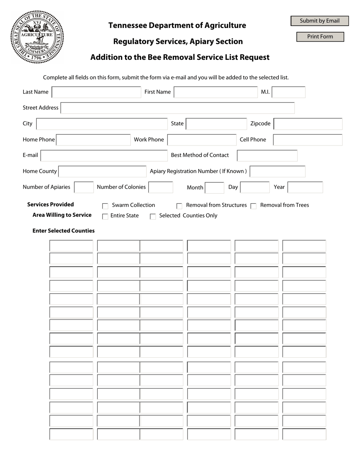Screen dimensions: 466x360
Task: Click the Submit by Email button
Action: click(319, 21)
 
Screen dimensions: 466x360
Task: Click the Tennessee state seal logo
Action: click(37, 37)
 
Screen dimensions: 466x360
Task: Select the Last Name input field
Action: click(96, 92)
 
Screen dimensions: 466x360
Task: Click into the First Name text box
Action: click(215, 92)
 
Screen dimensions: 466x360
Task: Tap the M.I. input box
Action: click(288, 92)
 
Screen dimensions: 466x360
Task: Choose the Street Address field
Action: click(177, 108)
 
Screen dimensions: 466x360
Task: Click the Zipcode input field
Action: click(308, 124)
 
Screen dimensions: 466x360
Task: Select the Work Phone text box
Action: click(202, 140)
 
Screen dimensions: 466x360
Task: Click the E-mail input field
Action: click(104, 156)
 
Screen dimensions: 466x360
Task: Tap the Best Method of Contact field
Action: click(267, 156)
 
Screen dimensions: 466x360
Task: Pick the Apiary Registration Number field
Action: click(277, 172)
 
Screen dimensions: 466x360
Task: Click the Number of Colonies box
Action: click(161, 188)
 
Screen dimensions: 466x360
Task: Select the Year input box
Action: click(305, 188)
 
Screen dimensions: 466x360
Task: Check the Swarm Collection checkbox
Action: click(105, 206)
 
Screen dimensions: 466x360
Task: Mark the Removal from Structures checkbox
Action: click(179, 206)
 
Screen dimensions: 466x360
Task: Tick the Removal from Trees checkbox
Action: click(254, 206)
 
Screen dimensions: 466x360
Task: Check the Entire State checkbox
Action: click(105, 217)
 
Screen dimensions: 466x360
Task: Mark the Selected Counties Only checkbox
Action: click(153, 217)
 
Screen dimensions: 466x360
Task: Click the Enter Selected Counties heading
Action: click(64, 231)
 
